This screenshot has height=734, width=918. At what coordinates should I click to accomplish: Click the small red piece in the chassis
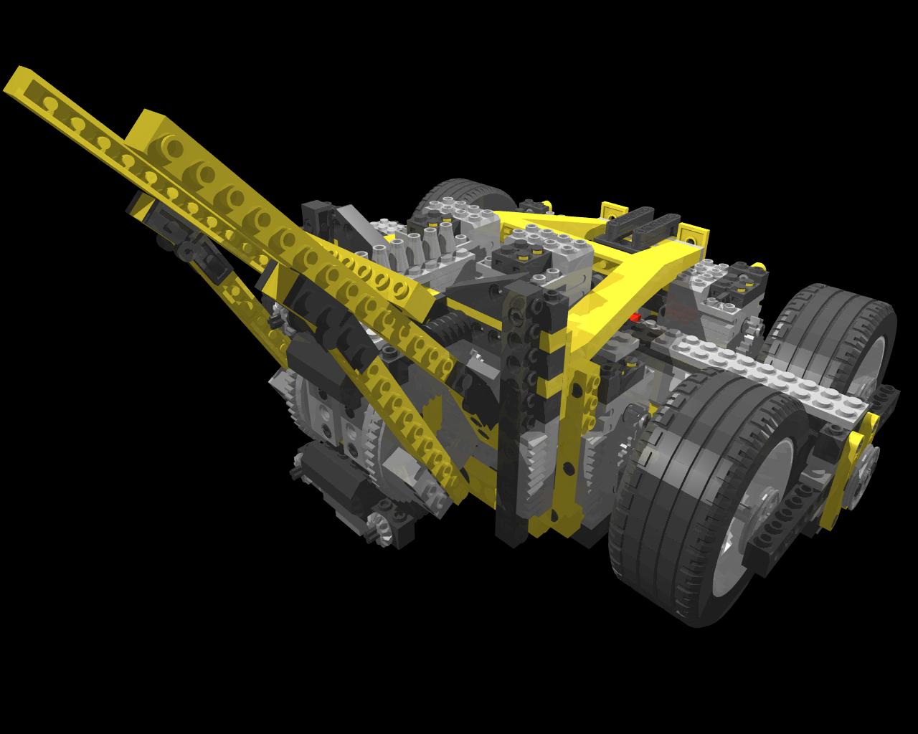click(634, 316)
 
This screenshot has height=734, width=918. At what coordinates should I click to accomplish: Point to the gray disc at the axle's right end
click(868, 466)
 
